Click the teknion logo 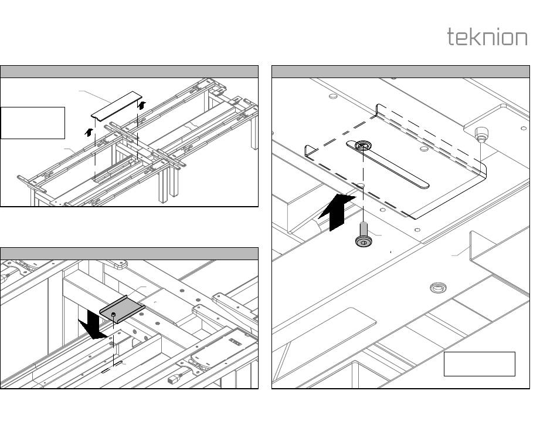click(487, 37)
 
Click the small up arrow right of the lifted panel click(141, 105)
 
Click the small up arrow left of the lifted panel click(89, 132)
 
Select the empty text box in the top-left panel click(33, 123)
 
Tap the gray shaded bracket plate click(123, 309)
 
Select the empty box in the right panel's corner click(479, 364)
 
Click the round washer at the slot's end click(363, 145)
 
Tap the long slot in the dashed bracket click(393, 167)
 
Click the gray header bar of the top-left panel click(129, 72)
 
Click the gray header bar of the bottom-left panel click(129, 254)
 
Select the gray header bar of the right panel click(400, 72)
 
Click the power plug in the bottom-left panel click(174, 380)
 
